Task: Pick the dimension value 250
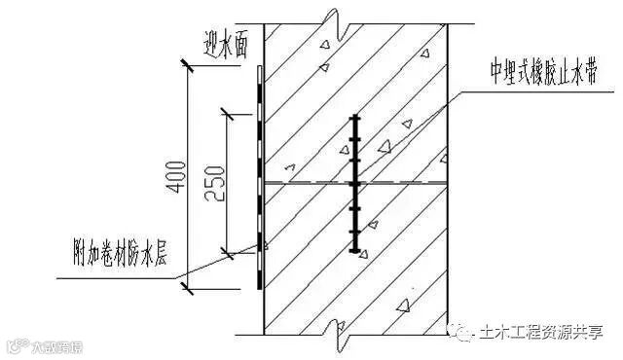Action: click(215, 181)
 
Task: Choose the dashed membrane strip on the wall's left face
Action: click(258, 175)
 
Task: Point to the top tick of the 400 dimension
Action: click(187, 64)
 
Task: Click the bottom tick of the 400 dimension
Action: click(187, 284)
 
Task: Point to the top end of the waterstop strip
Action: click(356, 118)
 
